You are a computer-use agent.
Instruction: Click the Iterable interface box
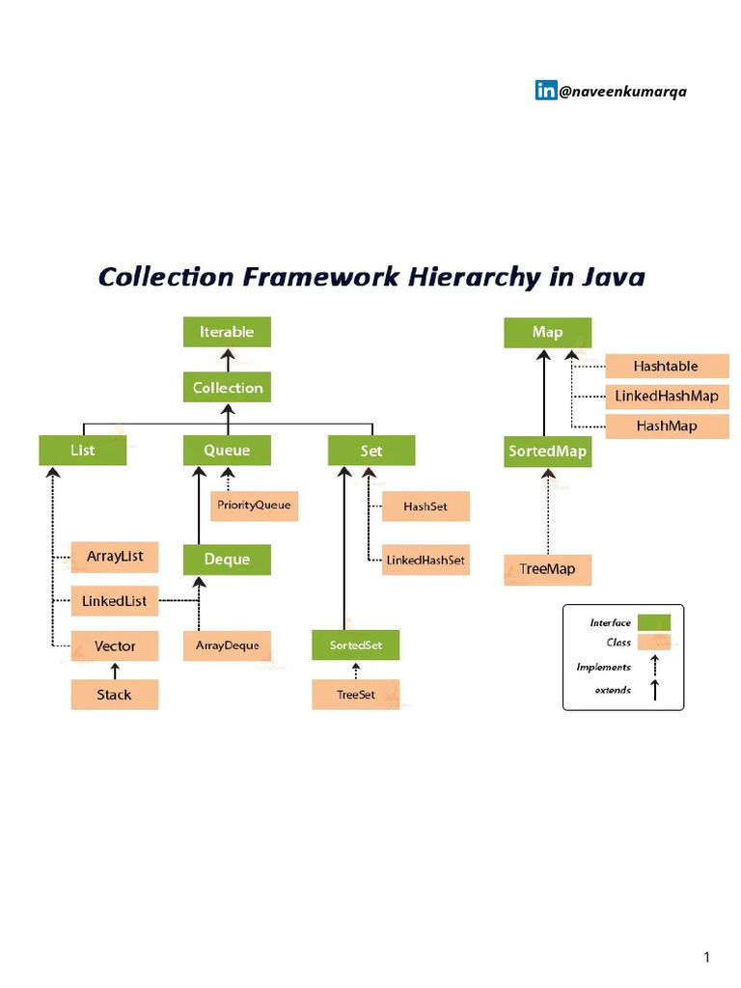[x=227, y=332]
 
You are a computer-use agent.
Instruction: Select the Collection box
[x=227, y=388]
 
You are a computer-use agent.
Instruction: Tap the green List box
[x=82, y=451]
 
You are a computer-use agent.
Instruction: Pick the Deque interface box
[x=227, y=560]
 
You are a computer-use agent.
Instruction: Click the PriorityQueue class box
[x=254, y=505]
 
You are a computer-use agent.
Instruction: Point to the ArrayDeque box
[x=227, y=645]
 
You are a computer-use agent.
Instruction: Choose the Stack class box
[x=114, y=695]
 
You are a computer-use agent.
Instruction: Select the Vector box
[x=114, y=645]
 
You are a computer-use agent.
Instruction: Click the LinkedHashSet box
[x=425, y=560]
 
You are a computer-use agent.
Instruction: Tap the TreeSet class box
[x=355, y=695]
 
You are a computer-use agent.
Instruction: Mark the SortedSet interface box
[x=355, y=645]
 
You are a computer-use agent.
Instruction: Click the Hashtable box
[x=666, y=367]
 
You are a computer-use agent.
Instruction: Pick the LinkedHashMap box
[x=666, y=397]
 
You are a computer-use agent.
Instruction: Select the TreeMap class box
[x=547, y=569]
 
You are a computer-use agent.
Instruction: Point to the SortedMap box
[x=547, y=451]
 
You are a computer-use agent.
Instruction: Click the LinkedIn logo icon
[x=545, y=91]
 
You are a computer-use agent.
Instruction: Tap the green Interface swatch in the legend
[x=654, y=623]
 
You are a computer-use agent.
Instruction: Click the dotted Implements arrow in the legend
[x=654, y=666]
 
